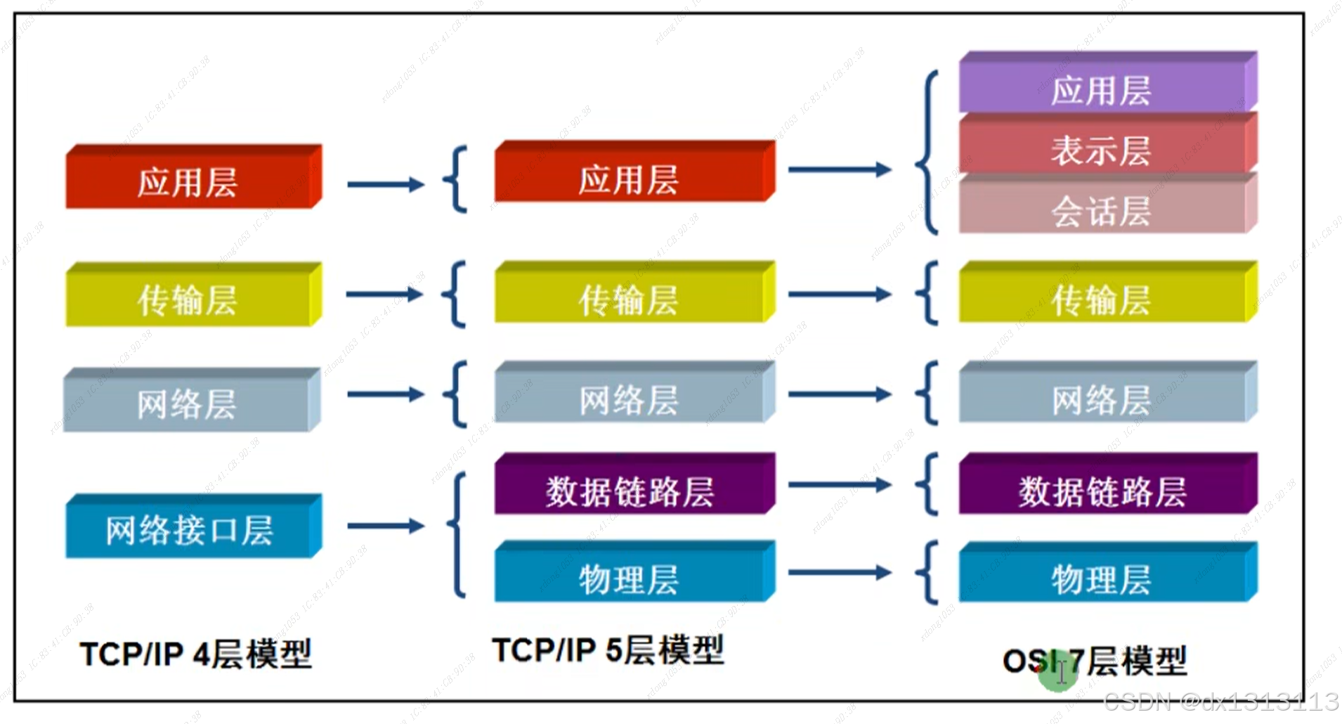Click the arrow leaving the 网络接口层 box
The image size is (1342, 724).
tap(385, 526)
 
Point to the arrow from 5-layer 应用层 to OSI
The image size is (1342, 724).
tap(839, 169)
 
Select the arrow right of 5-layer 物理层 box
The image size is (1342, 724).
tap(839, 573)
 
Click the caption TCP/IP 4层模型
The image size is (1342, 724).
tap(195, 654)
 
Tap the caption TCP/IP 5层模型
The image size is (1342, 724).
tap(607, 650)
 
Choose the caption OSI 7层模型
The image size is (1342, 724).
tap(1094, 661)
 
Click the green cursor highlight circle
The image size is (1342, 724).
tap(1057, 673)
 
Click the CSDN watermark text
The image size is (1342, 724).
tap(1220, 702)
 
